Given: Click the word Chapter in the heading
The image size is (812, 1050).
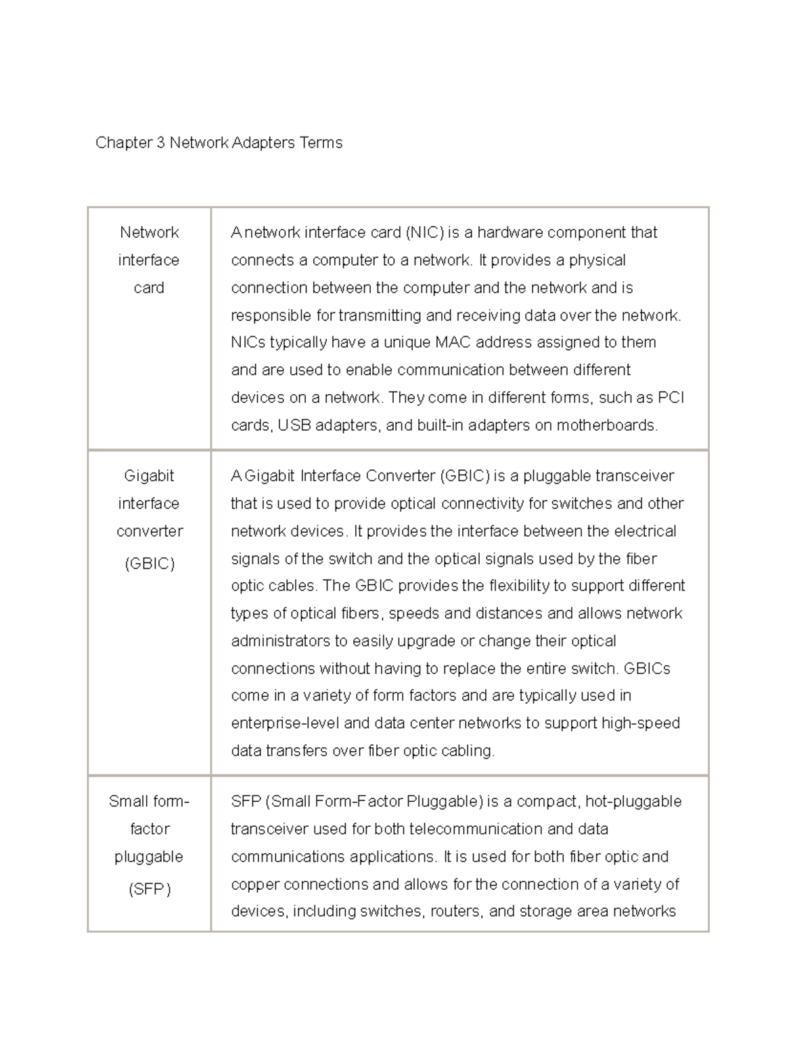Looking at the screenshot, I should pyautogui.click(x=122, y=143).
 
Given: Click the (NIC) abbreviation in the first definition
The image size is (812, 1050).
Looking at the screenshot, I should pyautogui.click(x=424, y=233).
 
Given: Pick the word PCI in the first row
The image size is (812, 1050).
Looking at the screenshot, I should pyautogui.click(x=671, y=398).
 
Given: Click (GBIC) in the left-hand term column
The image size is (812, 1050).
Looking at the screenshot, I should pyautogui.click(x=150, y=564).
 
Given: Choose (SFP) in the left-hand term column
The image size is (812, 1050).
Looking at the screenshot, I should pyautogui.click(x=150, y=889).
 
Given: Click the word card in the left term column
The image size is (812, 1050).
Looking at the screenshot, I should pyautogui.click(x=149, y=288).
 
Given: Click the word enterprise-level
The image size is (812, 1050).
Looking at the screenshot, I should pyautogui.click(x=285, y=723).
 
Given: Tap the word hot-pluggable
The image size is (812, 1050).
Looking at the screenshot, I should pyautogui.click(x=633, y=802).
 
